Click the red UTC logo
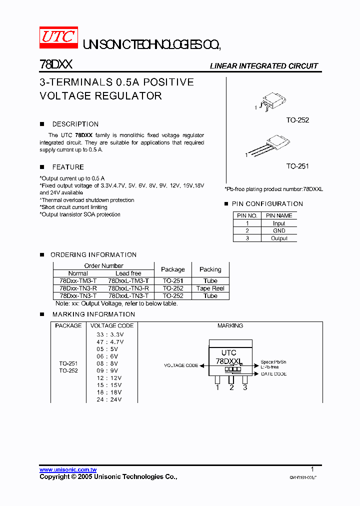coord(58,38)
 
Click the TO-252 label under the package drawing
coord(297,120)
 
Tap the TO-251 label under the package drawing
coord(297,166)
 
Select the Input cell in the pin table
coord(279,223)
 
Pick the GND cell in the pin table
coord(279,231)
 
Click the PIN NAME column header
coord(279,215)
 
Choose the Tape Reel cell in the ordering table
coord(210,288)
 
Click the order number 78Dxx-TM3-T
coord(78,281)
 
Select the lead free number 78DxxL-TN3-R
coord(128,288)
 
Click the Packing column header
coord(210,269)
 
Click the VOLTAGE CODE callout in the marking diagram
coord(181,365)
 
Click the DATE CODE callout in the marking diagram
coord(273,374)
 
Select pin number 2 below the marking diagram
coord(231,387)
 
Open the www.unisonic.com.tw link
coord(68,469)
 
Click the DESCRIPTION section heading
coord(75,124)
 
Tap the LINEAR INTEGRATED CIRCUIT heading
coord(263,66)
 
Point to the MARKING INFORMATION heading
coord(93,314)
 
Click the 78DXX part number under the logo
coord(56,65)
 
